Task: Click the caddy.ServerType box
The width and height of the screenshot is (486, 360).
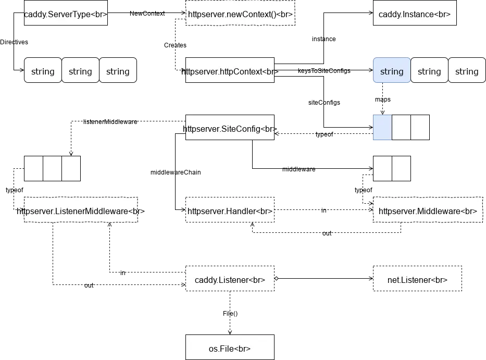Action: pyautogui.click(x=66, y=14)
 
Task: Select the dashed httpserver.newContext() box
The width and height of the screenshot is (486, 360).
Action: pyautogui.click(x=240, y=14)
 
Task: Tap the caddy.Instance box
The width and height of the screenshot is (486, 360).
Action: pyautogui.click(x=415, y=14)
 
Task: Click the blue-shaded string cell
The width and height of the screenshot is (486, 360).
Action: pyautogui.click(x=392, y=71)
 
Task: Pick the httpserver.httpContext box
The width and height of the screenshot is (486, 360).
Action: pyautogui.click(x=229, y=71)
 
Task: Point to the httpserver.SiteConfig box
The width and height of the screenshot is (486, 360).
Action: pyautogui.click(x=229, y=128)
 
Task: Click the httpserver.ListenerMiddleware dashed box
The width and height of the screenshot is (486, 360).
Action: pyautogui.click(x=81, y=211)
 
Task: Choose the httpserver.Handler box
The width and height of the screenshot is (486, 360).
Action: pyautogui.click(x=229, y=211)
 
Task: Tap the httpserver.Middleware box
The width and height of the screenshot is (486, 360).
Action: pyautogui.click(x=427, y=211)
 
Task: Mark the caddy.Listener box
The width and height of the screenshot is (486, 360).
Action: pyautogui.click(x=229, y=280)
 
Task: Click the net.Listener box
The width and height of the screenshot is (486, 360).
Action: pyautogui.click(x=417, y=280)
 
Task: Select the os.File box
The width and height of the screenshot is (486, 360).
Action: pyautogui.click(x=229, y=348)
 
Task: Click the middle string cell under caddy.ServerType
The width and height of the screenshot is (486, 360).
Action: pyautogui.click(x=80, y=71)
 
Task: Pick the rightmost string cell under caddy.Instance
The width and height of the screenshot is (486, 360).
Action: pyautogui.click(x=466, y=71)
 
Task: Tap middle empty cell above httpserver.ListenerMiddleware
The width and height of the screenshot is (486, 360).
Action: pyautogui.click(x=52, y=168)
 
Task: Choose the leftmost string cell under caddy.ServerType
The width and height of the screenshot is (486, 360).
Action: pyautogui.click(x=43, y=71)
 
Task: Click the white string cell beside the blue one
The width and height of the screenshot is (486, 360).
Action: pyautogui.click(x=429, y=71)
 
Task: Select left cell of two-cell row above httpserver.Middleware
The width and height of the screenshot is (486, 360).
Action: pyautogui.click(x=382, y=168)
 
